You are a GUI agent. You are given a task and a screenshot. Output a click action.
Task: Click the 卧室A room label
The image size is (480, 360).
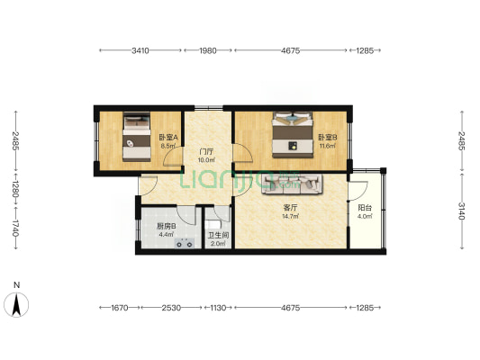pos(168,138)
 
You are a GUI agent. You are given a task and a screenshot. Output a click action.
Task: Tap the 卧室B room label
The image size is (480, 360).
pos(328,138)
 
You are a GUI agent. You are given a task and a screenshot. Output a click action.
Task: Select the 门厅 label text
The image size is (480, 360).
pos(206,151)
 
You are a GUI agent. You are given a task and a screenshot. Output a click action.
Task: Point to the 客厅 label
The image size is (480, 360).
pos(290,208)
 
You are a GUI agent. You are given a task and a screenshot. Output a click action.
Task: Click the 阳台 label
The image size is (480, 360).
pos(365,208)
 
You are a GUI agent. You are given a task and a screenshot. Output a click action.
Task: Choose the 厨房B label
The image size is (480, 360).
pos(167,226)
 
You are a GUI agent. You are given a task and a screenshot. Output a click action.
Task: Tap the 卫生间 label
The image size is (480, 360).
pos(218,236)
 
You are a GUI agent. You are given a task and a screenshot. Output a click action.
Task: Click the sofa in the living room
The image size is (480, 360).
pos(292,184)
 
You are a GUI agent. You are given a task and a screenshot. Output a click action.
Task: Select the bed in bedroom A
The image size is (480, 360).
pos(137,137)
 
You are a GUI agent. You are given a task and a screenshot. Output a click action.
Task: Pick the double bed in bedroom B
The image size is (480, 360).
pos(293,135)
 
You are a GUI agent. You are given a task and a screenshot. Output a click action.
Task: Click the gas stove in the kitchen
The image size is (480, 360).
pos(185,243)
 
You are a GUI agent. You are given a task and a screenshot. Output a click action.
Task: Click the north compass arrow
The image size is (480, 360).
pos(16,304)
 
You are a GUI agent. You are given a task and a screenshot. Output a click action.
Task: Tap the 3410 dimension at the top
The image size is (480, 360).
pos(140,50)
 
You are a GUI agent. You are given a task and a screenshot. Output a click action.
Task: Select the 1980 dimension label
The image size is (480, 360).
pos(208,50)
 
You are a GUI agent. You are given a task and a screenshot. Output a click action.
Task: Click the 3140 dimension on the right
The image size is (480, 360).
pos(462,211)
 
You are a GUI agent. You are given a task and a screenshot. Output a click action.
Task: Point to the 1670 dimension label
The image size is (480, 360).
pos(120,308)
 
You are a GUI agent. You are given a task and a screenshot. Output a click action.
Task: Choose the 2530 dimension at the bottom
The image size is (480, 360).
pos(171,308)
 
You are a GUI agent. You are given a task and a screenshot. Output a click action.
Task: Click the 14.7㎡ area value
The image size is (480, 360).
pos(290,217)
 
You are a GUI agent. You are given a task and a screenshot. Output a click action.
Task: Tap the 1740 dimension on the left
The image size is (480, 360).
pos(16,229)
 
